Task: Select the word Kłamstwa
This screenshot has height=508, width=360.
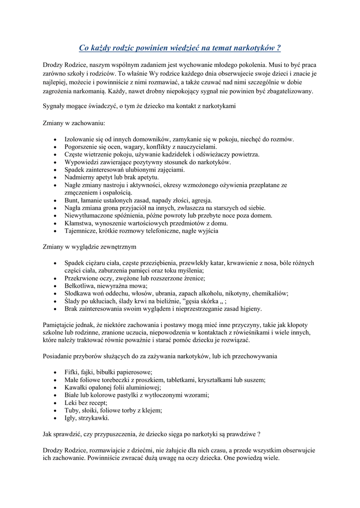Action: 80,223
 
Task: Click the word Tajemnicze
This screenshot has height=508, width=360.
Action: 82,231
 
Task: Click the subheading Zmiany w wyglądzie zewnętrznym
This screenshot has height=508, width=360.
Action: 90,247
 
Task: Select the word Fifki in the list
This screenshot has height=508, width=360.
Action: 72,372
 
